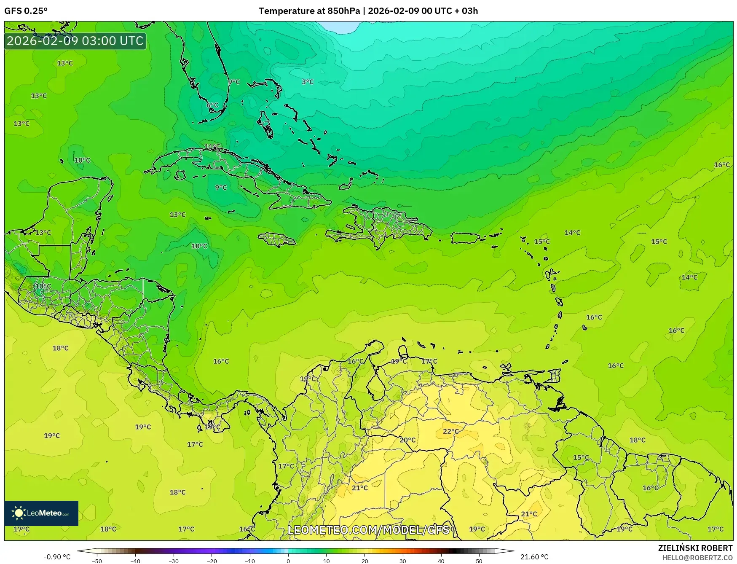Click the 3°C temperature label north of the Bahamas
[x=308, y=82]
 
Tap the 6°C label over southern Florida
[x=212, y=105]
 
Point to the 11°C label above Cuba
[x=212, y=147]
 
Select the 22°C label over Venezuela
[x=450, y=431]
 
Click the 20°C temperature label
[x=407, y=440]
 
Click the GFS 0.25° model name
[x=26, y=11]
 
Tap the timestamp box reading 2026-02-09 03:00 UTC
[x=75, y=41]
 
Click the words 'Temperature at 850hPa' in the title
[x=309, y=11]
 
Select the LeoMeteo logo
[x=41, y=513]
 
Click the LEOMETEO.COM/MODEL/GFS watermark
[x=369, y=529]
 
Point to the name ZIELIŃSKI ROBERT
[x=695, y=548]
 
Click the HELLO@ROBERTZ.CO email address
[x=697, y=558]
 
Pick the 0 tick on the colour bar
[x=288, y=561]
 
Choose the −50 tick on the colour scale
[x=97, y=561]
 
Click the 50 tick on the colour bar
[x=479, y=561]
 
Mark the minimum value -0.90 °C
[x=57, y=557]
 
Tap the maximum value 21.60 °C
[x=534, y=557]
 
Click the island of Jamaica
[x=276, y=240]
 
